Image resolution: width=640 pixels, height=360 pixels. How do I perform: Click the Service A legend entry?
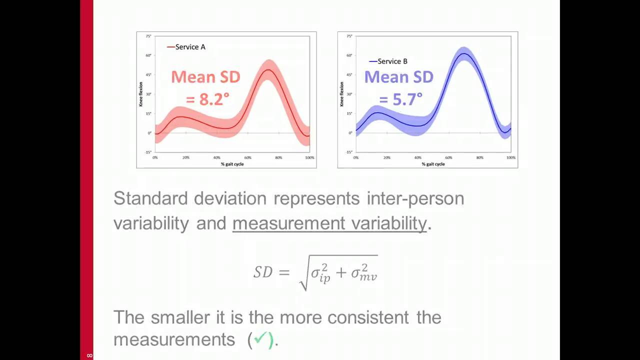[186, 47]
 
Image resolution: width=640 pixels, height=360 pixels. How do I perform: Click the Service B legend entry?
[388, 61]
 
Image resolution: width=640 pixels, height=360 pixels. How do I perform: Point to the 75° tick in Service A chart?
[148, 36]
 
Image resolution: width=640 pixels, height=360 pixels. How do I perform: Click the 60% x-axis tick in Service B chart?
[449, 157]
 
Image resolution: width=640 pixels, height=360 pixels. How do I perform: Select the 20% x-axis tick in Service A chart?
[186, 157]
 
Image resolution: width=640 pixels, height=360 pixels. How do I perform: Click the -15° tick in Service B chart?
[349, 152]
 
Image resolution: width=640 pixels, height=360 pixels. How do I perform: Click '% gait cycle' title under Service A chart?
[232, 164]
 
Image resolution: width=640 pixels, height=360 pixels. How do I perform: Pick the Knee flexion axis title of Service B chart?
[342, 94]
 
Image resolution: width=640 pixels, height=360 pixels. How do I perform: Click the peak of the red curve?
[269, 70]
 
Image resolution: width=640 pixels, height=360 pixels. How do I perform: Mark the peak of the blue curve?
[464, 53]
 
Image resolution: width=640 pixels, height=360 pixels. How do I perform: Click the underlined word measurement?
[289, 223]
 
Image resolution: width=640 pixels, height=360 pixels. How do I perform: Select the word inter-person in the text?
[415, 198]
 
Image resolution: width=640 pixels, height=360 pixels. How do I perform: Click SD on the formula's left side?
[263, 272]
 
